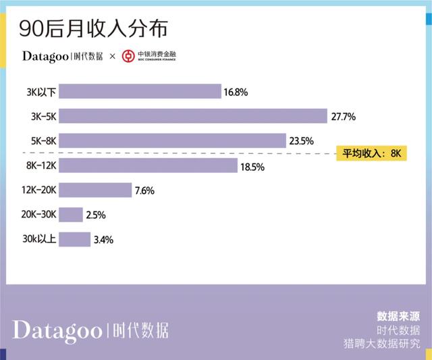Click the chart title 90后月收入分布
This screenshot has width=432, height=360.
pyautogui.click(x=94, y=29)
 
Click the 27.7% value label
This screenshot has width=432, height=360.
pyautogui.click(x=343, y=116)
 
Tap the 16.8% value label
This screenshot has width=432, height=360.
pyautogui.click(x=237, y=91)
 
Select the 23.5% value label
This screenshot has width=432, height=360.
pyautogui.click(x=302, y=140)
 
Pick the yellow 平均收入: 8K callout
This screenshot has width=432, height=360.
pyautogui.click(x=372, y=153)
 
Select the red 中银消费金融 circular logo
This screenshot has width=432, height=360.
pyautogui.click(x=128, y=56)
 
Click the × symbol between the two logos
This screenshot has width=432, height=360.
pyautogui.click(x=112, y=56)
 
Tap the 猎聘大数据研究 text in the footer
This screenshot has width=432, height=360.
pyautogui.click(x=381, y=344)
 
